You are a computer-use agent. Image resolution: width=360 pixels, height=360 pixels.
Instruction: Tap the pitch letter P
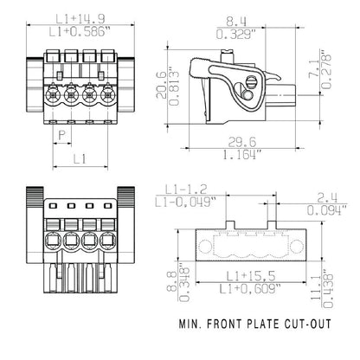pyautogui.click(x=61, y=136)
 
